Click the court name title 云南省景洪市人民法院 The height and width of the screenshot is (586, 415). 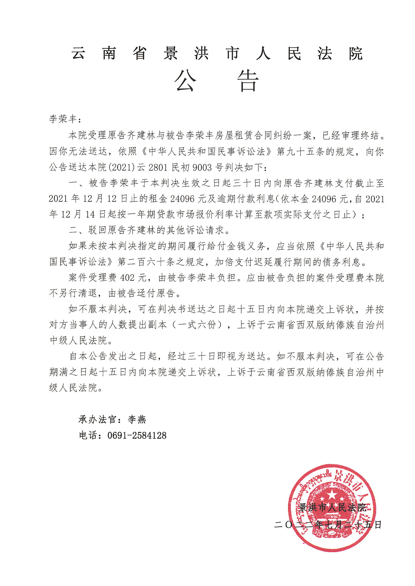217,54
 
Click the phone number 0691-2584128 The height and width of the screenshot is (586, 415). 137,435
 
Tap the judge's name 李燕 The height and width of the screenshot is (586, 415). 137,419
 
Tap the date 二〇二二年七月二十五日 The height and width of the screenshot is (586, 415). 328,525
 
